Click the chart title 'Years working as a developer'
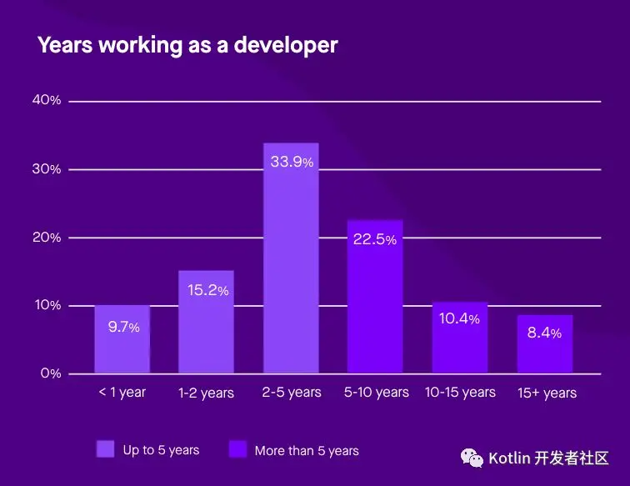click(187, 45)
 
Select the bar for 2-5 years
click(291, 267)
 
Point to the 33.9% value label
click(292, 162)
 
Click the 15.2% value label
click(207, 290)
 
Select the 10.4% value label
click(460, 319)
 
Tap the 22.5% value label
click(375, 240)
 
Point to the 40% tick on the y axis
click(47, 100)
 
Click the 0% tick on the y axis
click(51, 373)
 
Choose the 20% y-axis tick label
click(47, 238)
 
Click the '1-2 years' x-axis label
click(207, 393)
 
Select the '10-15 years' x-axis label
click(460, 392)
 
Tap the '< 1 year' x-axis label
click(122, 393)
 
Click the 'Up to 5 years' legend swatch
click(106, 450)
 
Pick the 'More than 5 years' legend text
click(307, 451)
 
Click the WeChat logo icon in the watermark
click(473, 458)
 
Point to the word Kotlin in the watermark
click(508, 458)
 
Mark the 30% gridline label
click(47, 169)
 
